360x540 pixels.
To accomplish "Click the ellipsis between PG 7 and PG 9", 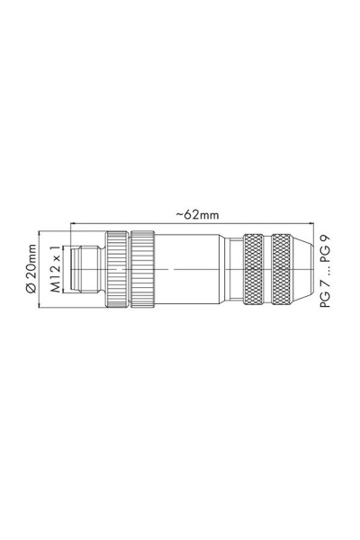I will pos(328,269).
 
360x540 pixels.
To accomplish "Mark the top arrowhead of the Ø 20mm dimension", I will pos(41,231).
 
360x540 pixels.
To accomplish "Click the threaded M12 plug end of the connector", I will pos(88,269).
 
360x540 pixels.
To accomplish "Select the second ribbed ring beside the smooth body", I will pos(142,269).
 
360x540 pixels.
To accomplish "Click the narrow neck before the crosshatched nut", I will pos(234,269).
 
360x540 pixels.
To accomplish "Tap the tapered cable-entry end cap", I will pos(310,269).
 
